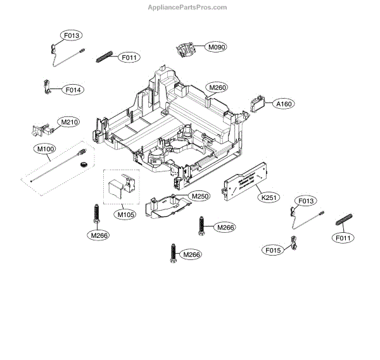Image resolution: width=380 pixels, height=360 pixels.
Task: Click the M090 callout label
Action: (217, 47)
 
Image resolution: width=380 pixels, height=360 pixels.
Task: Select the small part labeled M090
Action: (186, 49)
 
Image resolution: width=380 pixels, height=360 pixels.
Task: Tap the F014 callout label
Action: (73, 90)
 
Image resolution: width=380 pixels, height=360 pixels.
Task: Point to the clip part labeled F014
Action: (46, 85)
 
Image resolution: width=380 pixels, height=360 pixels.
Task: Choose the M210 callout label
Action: (69, 121)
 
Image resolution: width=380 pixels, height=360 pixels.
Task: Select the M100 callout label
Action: (45, 149)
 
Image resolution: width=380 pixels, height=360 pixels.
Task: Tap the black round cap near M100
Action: (81, 164)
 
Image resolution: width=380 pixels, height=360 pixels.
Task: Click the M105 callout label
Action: (125, 214)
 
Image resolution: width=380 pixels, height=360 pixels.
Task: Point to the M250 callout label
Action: (200, 196)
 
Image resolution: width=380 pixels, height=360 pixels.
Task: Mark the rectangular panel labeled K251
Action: (244, 181)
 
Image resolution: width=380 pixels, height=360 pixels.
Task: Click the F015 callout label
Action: (274, 251)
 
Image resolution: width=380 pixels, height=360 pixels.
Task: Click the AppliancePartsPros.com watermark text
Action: (187, 8)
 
